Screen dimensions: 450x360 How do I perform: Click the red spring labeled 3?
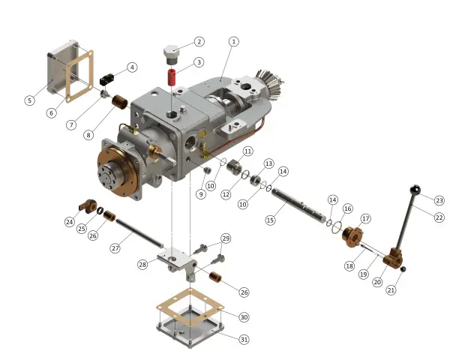pos(172,77)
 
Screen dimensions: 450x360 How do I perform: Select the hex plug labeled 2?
pos(171,55)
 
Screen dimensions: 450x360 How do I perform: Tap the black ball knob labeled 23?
pos(415,190)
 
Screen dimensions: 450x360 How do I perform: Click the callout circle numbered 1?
pos(233,42)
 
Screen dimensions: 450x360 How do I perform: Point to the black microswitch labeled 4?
pos(106,79)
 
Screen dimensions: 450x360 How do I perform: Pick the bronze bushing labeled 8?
pos(121,102)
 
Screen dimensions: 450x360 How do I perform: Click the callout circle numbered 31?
pos(244,340)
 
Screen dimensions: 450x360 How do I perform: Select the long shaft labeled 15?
pos(298,205)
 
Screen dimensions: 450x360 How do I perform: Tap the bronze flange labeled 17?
pos(352,236)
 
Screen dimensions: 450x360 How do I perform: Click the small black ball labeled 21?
pos(403,269)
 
